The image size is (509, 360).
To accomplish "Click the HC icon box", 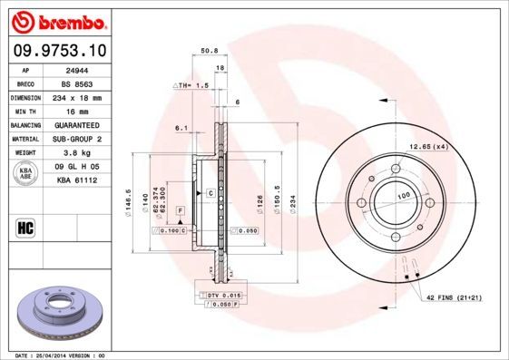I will point(26,227).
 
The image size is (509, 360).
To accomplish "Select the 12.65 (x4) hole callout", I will point(429,146).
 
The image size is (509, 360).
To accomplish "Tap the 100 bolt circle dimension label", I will point(400,196).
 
